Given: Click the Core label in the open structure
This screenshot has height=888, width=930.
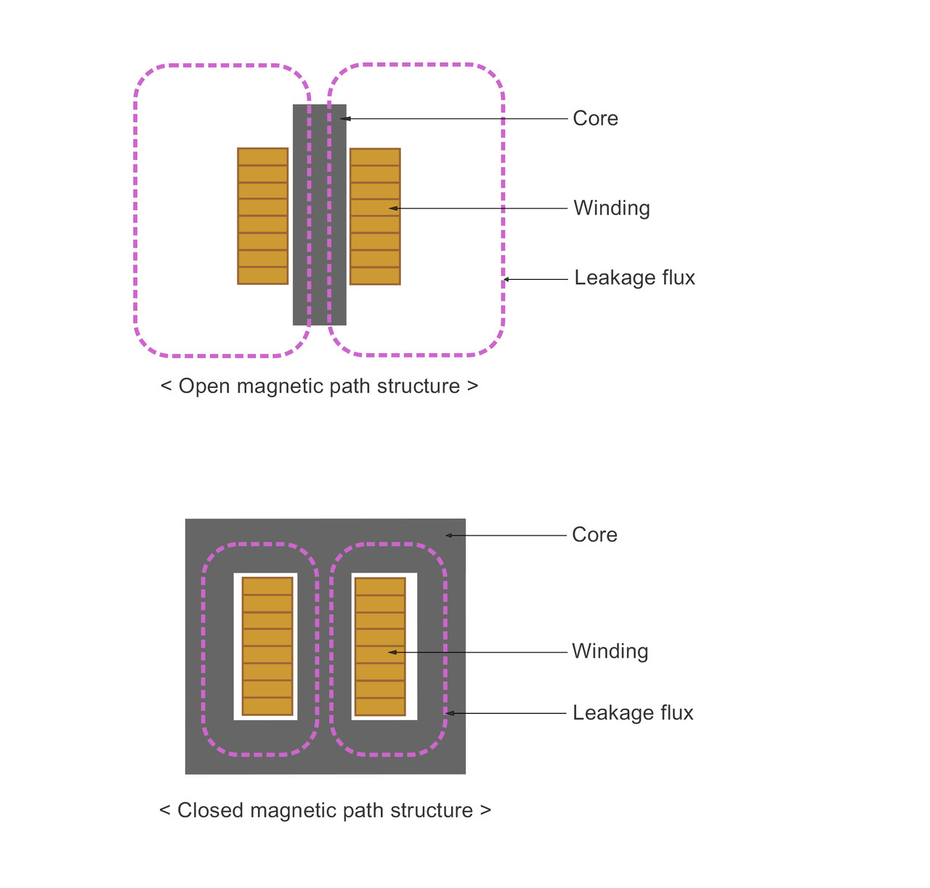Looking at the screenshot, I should [x=595, y=118].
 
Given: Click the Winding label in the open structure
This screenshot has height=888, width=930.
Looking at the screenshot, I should [x=611, y=209].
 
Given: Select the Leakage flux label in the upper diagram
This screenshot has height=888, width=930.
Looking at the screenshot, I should [x=634, y=278].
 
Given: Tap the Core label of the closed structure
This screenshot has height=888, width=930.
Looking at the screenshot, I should [x=594, y=535].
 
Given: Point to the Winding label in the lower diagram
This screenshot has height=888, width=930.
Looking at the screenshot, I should [x=610, y=651].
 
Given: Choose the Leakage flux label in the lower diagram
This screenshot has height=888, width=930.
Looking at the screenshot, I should [x=633, y=713].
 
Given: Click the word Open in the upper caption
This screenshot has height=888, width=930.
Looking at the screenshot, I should [x=203, y=387].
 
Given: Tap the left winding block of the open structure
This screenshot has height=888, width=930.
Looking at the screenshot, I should [x=263, y=216].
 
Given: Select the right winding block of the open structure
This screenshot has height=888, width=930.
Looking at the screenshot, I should [x=375, y=216].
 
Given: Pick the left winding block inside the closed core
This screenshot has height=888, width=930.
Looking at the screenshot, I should [x=267, y=646].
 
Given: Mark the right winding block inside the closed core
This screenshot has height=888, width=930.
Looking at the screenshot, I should [x=380, y=646].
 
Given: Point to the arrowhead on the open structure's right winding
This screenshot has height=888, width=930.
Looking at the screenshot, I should [x=393, y=209].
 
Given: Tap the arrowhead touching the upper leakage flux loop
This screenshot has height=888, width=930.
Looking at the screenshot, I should [x=507, y=279].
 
